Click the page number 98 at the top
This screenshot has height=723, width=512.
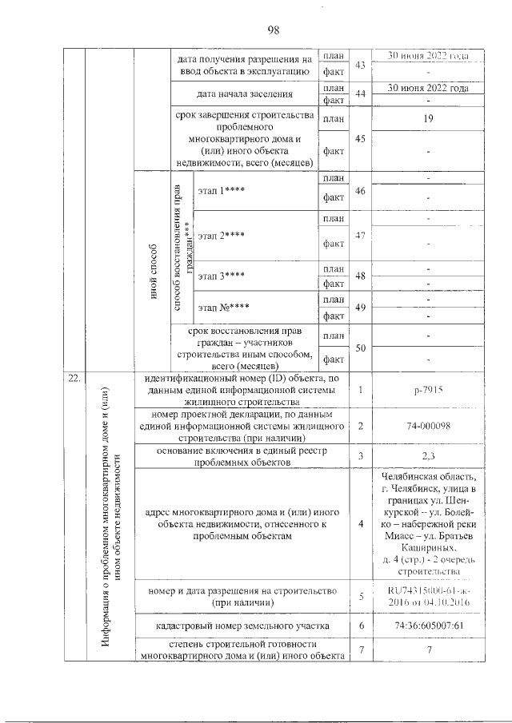tap(273, 30)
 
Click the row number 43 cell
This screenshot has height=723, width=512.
tap(360, 64)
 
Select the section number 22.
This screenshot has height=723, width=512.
tap(73, 379)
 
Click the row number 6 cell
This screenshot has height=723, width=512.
tap(361, 625)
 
